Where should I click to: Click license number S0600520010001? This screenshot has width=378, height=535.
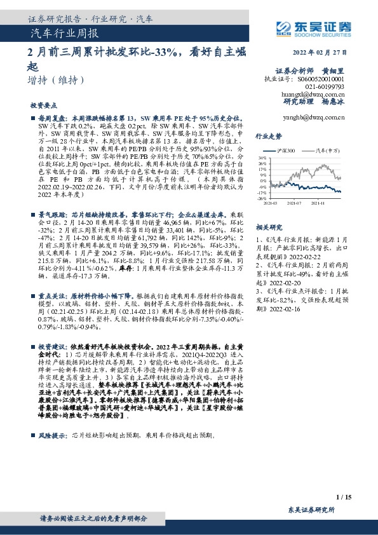coord(315,79)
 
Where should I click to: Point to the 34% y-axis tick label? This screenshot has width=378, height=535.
coord(262,156)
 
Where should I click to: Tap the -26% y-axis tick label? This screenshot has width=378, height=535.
coord(261,199)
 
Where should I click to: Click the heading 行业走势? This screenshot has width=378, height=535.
coord(268,137)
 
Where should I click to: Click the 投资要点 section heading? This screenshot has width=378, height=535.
coord(44,106)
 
